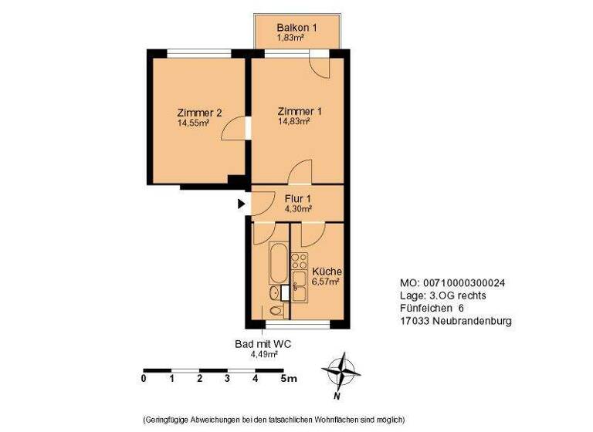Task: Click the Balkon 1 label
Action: click(297, 28)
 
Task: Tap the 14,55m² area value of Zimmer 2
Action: click(193, 122)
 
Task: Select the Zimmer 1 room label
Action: click(300, 111)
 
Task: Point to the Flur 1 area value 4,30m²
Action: click(298, 208)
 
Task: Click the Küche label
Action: click(327, 272)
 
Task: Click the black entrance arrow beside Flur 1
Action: click(241, 204)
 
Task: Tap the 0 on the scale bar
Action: click(144, 378)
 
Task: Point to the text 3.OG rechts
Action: click(454, 295)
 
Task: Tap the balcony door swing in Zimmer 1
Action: click(319, 64)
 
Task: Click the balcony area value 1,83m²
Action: click(292, 36)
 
